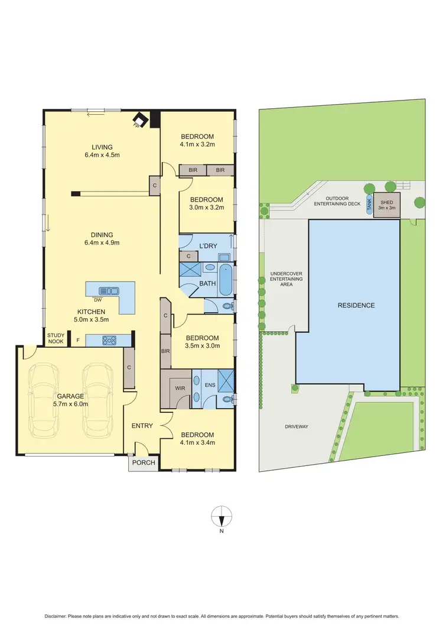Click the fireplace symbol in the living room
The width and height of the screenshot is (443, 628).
pyautogui.click(x=139, y=119)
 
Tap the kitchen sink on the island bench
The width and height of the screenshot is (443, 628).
pyautogui.click(x=109, y=290)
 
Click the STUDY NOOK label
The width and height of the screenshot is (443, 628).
pyautogui.click(x=57, y=338)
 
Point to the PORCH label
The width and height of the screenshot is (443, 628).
pyautogui.click(x=142, y=464)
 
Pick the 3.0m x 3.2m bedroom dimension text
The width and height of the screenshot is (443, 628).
pyautogui.click(x=207, y=208)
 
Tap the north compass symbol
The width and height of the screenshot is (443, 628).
pyautogui.click(x=221, y=517)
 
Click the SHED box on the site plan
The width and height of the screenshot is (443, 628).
pyautogui.click(x=387, y=203)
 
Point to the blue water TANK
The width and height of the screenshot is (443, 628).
pyautogui.click(x=370, y=205)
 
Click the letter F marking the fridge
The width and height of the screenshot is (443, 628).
pyautogui.click(x=77, y=341)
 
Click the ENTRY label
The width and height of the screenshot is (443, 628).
pyautogui.click(x=142, y=426)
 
